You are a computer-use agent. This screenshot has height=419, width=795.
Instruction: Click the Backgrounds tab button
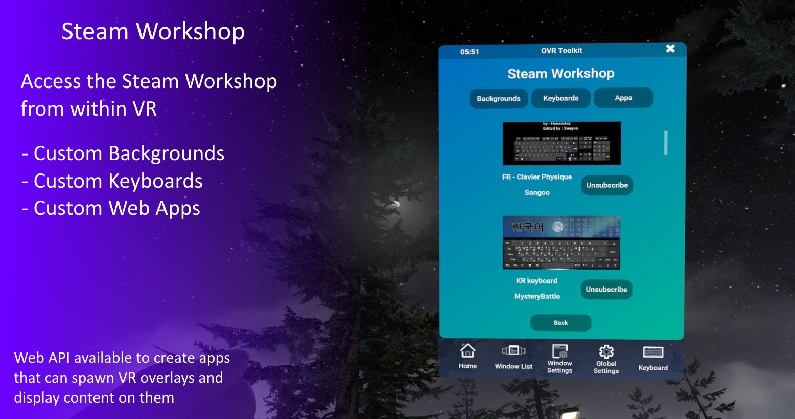[498, 98]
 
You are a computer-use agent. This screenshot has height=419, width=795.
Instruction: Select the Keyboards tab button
[560, 98]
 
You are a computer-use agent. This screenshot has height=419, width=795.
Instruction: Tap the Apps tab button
[623, 98]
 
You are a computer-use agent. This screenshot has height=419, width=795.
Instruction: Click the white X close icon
[670, 49]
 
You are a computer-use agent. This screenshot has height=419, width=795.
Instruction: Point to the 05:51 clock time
[469, 52]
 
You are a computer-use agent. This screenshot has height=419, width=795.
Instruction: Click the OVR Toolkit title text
[562, 51]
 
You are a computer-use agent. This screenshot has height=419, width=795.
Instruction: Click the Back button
[560, 323]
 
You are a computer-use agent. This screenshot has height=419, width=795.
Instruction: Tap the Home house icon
[467, 351]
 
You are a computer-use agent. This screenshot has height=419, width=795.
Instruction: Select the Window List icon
[513, 351]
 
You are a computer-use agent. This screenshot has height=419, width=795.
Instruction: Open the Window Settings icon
[560, 351]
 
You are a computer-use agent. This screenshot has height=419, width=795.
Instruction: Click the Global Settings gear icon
[606, 351]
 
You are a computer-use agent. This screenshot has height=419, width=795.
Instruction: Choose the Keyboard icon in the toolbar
[653, 352]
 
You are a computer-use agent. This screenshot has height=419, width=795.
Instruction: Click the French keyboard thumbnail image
[562, 143]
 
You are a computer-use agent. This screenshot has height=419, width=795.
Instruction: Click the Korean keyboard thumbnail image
[561, 242]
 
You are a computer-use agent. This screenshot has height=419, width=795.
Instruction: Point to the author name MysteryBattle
[536, 296]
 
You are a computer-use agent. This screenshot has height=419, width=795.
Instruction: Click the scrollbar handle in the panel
[666, 143]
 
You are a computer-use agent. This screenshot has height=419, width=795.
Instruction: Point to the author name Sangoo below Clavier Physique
[537, 193]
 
